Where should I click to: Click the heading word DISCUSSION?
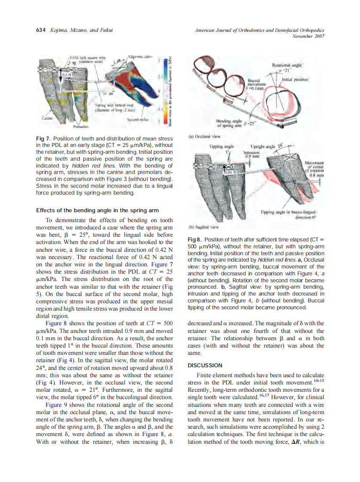(x=205, y=366)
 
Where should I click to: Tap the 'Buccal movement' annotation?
(x=258, y=83)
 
